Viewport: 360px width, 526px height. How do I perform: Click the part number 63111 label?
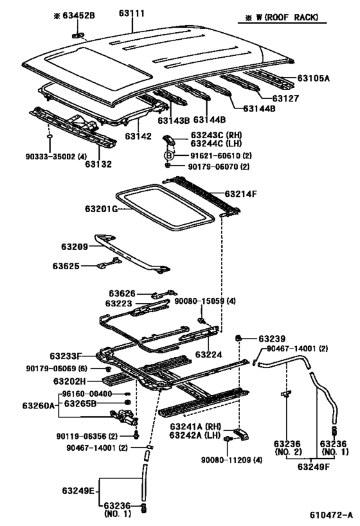tap(132, 13)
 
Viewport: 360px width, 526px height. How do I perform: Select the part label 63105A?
tap(313, 78)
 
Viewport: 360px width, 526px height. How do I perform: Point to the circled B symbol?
tap(169, 155)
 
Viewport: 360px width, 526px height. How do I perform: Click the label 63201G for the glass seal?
tap(101, 209)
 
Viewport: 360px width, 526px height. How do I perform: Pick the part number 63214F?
tap(240, 194)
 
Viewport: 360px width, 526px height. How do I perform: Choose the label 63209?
tap(75, 247)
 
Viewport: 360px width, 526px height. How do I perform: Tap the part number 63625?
tap(66, 266)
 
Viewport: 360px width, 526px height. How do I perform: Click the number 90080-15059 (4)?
tap(205, 301)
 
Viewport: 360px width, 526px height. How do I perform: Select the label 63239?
tap(272, 339)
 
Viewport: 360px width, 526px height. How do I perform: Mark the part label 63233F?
tap(66, 356)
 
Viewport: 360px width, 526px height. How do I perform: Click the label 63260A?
tap(39, 405)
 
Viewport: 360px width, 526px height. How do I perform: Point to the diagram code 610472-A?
tap(331, 515)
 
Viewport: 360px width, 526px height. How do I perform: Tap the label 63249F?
tap(314, 467)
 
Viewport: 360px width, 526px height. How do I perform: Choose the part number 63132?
tap(98, 164)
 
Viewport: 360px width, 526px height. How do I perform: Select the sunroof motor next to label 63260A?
tap(124, 418)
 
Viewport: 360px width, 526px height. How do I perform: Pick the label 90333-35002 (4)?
tap(56, 156)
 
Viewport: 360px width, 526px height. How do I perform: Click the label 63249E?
tap(78, 491)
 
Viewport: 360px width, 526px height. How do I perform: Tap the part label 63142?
tap(138, 136)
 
